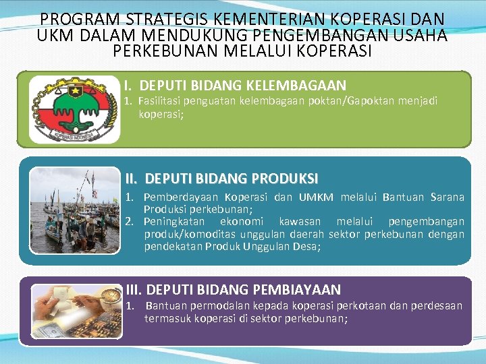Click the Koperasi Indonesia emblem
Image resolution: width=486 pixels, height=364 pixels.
(75, 109)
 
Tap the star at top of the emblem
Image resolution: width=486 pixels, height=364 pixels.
(75, 90)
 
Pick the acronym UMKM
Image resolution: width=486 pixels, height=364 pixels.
(316, 198)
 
